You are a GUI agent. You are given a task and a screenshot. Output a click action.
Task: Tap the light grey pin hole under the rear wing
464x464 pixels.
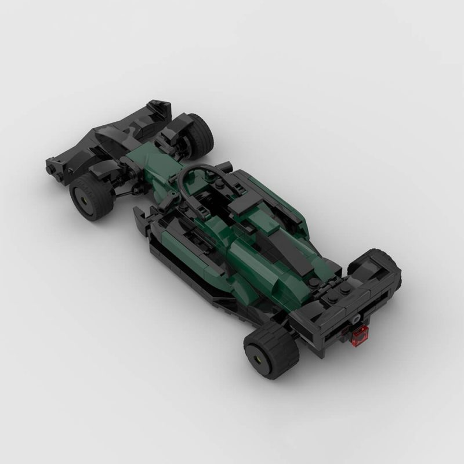(353, 319)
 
